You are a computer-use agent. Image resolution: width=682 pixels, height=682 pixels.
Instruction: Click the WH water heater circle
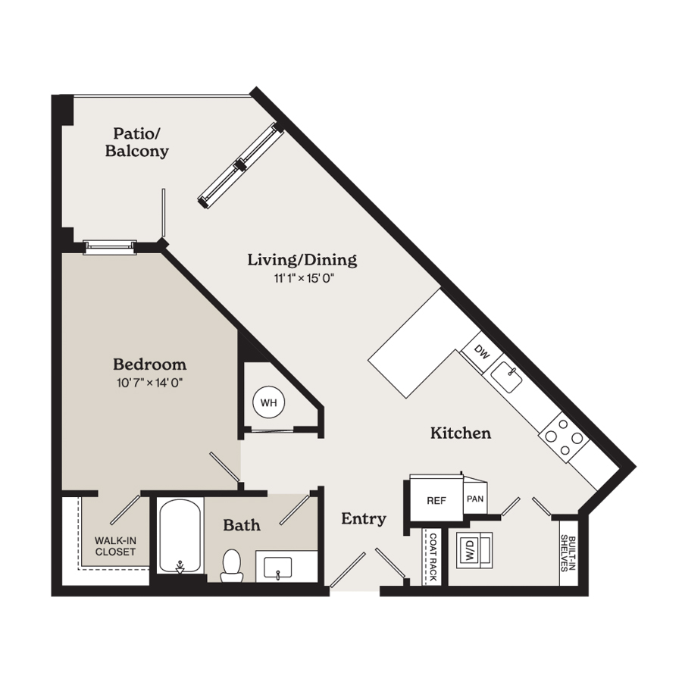click(x=269, y=402)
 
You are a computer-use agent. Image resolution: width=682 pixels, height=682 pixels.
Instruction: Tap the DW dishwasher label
click(x=481, y=352)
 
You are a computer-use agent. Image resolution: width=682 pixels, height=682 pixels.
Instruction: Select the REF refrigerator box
click(x=436, y=499)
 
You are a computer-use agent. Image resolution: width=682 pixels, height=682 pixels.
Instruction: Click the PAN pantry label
click(x=475, y=499)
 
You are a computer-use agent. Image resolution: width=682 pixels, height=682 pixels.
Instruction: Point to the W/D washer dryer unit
click(x=474, y=550)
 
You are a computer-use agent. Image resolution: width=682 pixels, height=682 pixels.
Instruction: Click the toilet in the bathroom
click(x=232, y=565)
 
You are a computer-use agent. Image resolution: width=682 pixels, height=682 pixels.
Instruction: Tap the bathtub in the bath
click(x=180, y=537)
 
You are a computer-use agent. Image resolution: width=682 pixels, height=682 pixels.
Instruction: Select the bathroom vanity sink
click(x=278, y=568)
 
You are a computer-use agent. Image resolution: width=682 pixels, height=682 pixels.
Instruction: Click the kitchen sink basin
click(x=506, y=377)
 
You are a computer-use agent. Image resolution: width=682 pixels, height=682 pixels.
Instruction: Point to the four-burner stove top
click(x=564, y=437)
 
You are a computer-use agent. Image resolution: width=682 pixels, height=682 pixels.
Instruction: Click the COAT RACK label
click(x=433, y=557)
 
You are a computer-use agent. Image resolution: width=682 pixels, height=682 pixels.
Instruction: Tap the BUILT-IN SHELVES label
click(x=568, y=553)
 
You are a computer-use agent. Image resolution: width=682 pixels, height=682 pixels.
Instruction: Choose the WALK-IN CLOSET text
click(x=115, y=546)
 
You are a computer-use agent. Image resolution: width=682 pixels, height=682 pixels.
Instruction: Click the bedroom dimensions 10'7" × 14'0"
click(x=149, y=383)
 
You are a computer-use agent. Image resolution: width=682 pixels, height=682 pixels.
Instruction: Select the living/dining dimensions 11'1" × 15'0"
click(x=304, y=278)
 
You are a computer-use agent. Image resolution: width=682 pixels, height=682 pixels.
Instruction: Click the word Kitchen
click(x=461, y=433)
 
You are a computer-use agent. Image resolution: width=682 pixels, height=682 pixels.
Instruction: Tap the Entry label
click(x=364, y=518)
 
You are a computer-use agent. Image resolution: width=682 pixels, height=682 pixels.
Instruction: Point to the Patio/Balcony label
click(x=136, y=142)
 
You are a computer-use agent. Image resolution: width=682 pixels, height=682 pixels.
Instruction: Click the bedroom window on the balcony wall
click(x=110, y=247)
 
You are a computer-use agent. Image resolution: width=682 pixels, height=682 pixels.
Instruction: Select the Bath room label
click(x=242, y=525)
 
